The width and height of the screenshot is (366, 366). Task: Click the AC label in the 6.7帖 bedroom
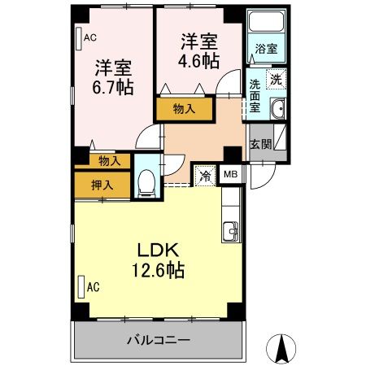pos(90,36)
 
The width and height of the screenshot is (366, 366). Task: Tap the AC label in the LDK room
pos(93,286)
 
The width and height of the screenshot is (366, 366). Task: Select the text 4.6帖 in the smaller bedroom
pos(198,60)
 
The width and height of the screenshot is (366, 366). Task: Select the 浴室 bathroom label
pos(266,49)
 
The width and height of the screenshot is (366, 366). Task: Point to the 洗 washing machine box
pos(277,80)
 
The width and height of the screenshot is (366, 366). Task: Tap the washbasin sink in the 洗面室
pos(277,108)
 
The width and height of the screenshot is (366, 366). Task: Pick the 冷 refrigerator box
pos(205,175)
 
